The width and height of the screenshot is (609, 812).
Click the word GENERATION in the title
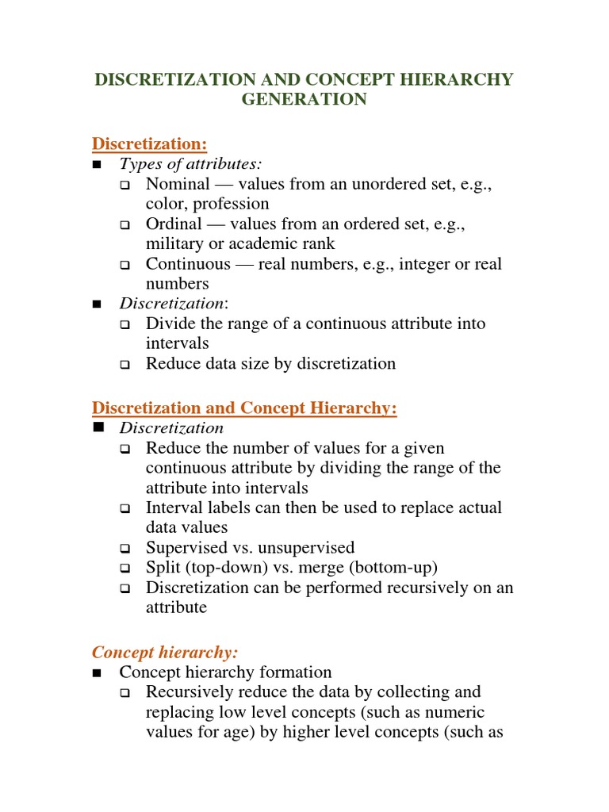tap(304, 99)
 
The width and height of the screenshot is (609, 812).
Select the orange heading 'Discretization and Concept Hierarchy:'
tap(244, 408)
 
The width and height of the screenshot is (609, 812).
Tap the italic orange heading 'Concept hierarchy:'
tap(165, 652)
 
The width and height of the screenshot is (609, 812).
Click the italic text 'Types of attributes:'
tap(190, 163)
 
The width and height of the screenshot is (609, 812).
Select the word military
tap(174, 243)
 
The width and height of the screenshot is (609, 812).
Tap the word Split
tap(162, 567)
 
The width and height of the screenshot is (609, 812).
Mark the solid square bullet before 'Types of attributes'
tap(98, 164)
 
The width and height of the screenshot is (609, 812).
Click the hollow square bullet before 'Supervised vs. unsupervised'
tap(124, 548)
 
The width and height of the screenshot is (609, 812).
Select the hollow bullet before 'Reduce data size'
tap(124, 364)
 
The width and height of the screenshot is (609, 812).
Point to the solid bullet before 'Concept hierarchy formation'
tap(98, 673)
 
